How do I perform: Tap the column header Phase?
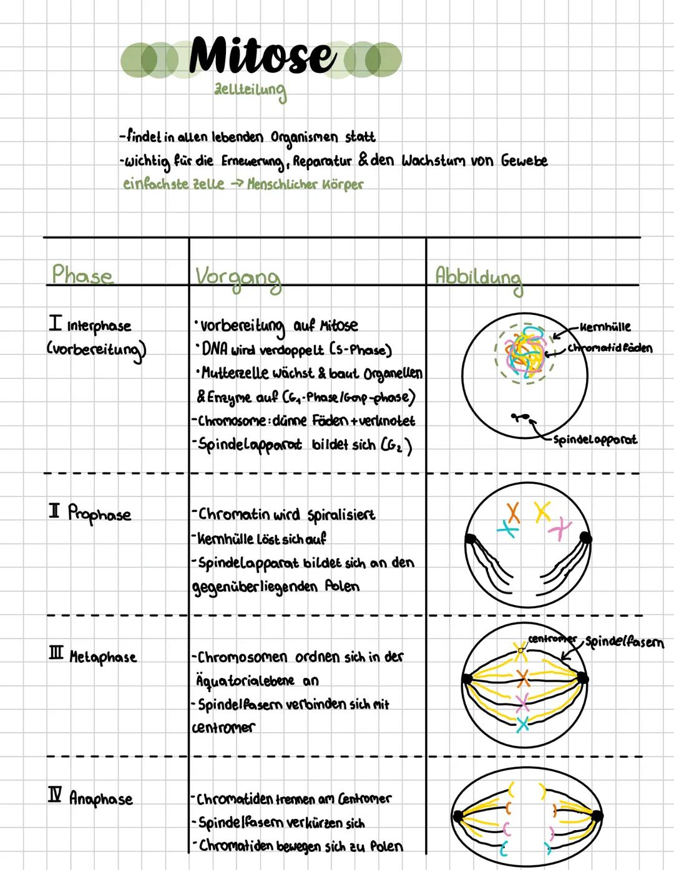point(82,275)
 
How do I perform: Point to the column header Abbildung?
point(479,276)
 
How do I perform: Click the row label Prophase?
point(99,514)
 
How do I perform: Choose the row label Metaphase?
point(102,657)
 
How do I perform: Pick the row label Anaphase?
point(100,798)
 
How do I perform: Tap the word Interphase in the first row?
point(99,326)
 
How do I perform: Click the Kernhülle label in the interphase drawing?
point(605,327)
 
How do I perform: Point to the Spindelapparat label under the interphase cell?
point(595,440)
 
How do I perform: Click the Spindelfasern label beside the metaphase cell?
point(624,642)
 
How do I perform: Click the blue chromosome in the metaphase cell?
point(523,724)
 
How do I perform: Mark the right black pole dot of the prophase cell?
point(585,537)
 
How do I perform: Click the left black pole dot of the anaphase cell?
point(459,816)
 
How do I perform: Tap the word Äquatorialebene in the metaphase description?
point(245,680)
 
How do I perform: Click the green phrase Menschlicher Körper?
point(305,185)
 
